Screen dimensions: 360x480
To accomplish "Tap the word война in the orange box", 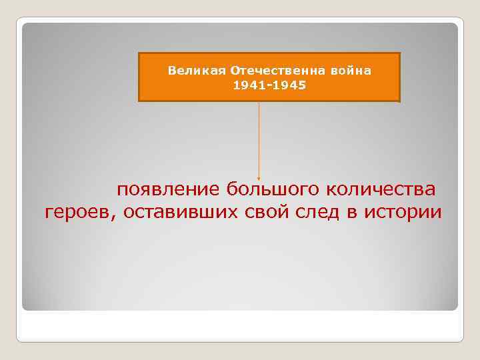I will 354,70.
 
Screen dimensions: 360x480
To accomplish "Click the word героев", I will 79,213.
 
